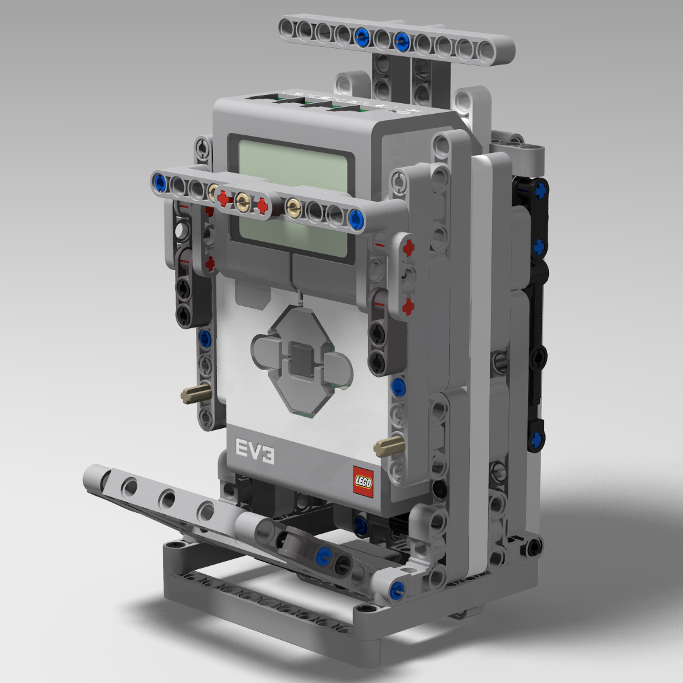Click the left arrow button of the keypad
[x=265, y=350]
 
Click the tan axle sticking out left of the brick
[x=192, y=396]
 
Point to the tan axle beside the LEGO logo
[x=386, y=446]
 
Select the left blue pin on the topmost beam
[x=362, y=36]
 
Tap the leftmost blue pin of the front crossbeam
[x=159, y=183]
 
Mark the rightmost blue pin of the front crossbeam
[x=355, y=219]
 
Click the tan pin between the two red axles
[x=242, y=202]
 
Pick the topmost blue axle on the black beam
[x=539, y=189]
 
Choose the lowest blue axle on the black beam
[x=536, y=438]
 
